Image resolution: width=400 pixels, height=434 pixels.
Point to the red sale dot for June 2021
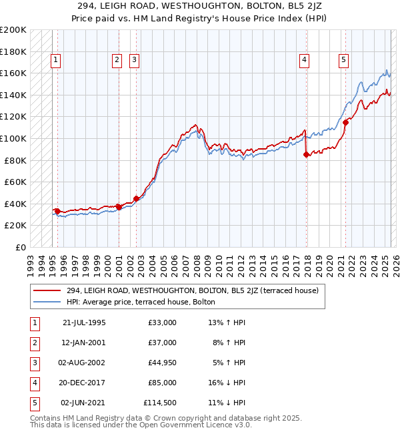346,122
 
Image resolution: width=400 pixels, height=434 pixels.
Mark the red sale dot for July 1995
58,211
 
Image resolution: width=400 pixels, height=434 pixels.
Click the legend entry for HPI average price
141,302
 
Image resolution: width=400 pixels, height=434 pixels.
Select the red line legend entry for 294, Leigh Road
193,290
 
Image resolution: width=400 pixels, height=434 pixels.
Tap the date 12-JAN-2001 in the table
84,343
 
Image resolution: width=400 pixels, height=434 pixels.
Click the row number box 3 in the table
34,363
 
